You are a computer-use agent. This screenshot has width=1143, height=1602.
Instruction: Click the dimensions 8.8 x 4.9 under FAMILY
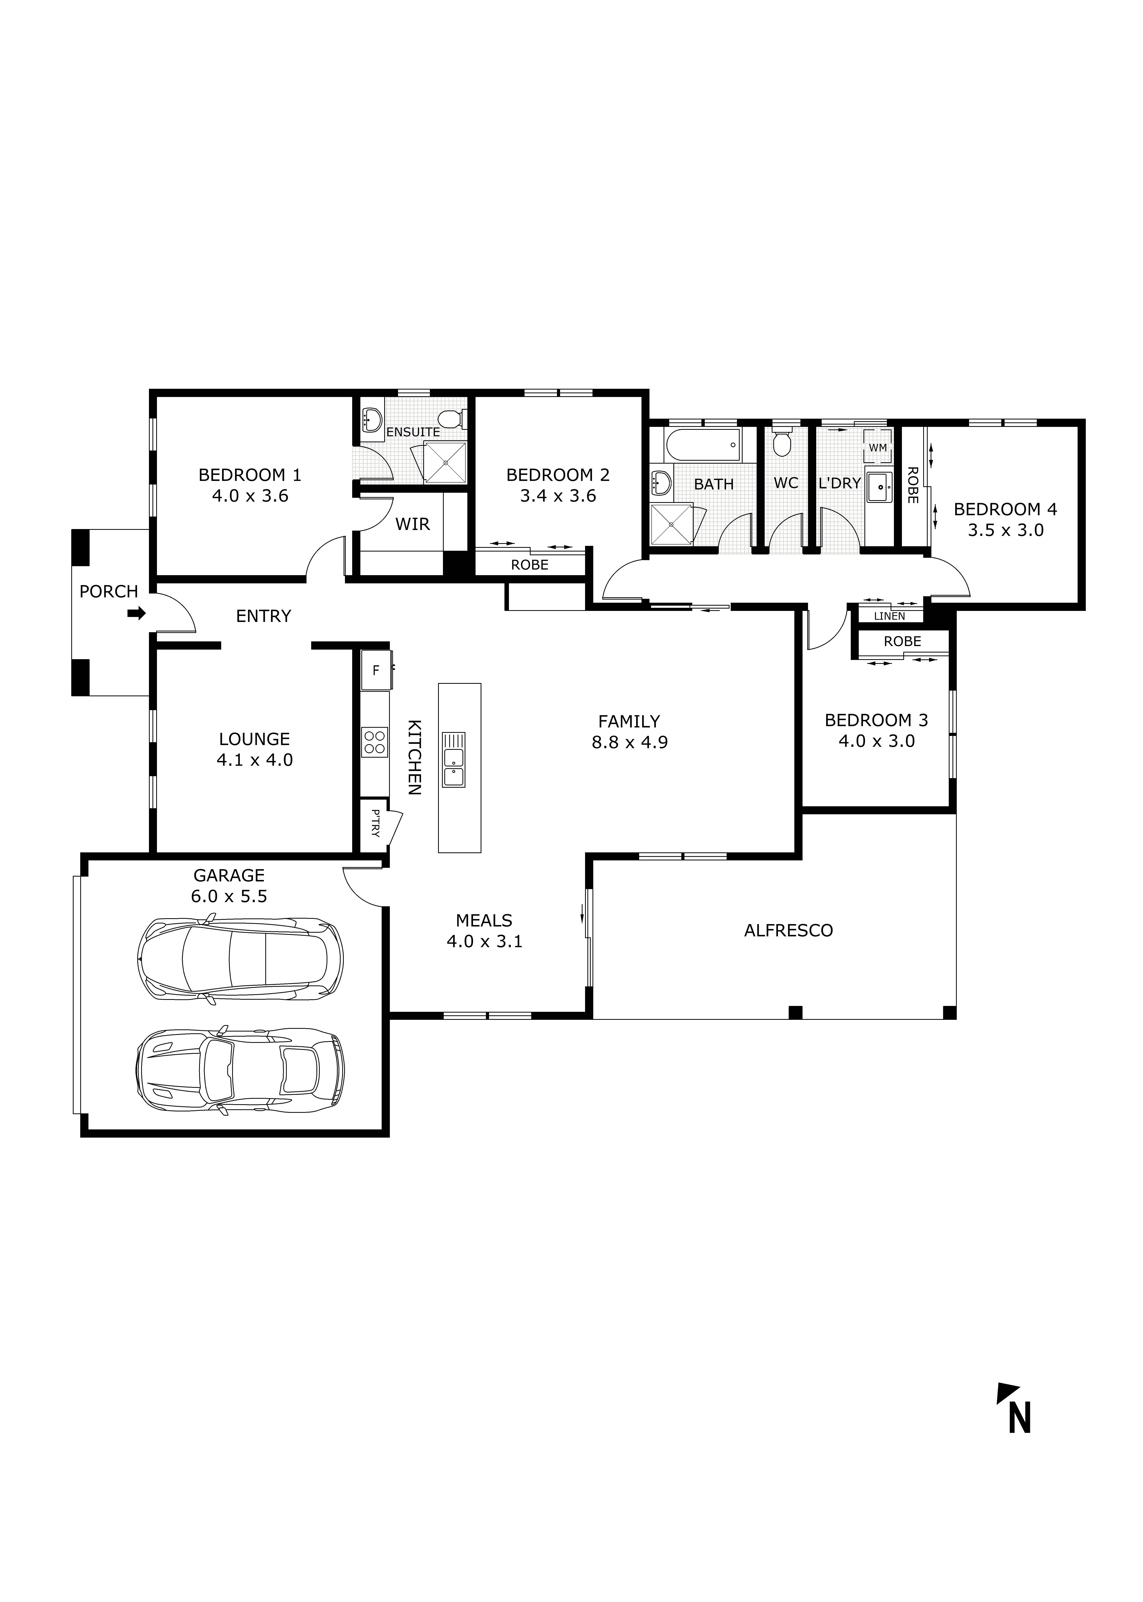[629, 742]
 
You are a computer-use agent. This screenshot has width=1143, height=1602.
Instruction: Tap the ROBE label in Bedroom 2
[529, 565]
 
